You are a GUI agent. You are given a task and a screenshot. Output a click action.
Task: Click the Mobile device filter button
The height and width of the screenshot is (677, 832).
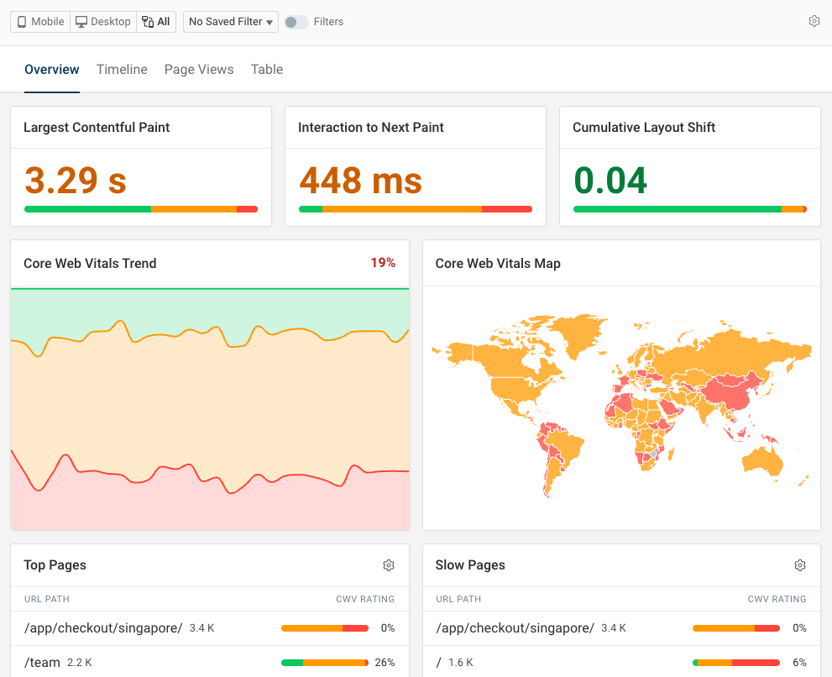(40, 22)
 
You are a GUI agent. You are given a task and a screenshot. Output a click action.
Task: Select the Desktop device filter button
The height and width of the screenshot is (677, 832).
(103, 22)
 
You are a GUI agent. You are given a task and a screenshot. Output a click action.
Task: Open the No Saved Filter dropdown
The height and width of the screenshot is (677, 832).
(231, 22)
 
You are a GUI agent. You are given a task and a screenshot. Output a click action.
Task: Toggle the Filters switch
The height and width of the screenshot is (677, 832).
(296, 22)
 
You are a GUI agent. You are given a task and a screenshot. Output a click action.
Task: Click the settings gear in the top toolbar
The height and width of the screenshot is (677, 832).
(814, 22)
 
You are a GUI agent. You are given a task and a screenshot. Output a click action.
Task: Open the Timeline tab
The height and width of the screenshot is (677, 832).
(122, 70)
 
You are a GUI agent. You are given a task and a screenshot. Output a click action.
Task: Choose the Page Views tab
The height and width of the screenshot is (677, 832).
(199, 70)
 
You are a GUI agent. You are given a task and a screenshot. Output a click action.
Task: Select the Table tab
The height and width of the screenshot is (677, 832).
(267, 70)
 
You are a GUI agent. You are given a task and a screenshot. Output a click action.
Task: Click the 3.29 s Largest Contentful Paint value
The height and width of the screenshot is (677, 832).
(76, 180)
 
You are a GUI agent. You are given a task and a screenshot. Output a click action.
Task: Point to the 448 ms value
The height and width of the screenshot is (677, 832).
(361, 180)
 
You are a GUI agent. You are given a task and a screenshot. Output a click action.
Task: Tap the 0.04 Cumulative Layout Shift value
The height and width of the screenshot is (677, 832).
(610, 180)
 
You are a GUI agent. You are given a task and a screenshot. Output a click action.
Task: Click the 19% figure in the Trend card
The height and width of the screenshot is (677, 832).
(383, 263)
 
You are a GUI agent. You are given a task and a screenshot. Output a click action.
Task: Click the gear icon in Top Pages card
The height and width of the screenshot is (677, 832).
(389, 565)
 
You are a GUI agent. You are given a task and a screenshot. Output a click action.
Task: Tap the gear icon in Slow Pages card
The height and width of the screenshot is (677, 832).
(800, 565)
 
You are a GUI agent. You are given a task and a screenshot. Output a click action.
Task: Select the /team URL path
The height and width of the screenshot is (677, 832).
(42, 663)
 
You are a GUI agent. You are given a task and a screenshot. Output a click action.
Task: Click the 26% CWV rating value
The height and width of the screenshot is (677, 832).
(385, 663)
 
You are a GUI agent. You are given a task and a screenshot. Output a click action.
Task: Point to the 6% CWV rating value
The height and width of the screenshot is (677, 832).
(799, 663)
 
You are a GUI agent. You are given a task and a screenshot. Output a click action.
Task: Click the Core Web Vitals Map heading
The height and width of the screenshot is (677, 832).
(498, 264)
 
